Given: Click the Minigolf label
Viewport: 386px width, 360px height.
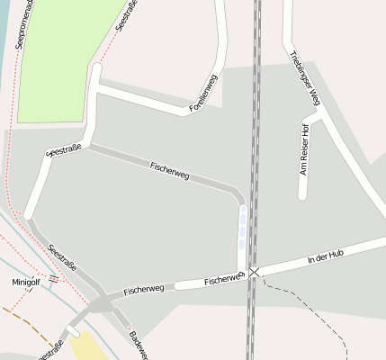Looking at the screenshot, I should [x=26, y=282].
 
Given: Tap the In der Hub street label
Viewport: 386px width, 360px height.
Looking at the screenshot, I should [x=326, y=258].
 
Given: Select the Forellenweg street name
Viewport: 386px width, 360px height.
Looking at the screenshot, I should [x=203, y=93].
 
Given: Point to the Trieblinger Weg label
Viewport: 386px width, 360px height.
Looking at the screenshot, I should [x=306, y=80].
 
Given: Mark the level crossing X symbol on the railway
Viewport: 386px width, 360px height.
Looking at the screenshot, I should [x=254, y=271].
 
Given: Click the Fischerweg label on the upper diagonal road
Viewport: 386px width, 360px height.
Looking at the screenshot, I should [x=170, y=170].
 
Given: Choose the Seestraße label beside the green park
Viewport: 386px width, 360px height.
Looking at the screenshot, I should [x=128, y=15].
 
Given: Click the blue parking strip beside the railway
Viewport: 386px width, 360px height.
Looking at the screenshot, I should [x=242, y=229].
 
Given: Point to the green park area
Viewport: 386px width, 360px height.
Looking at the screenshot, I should [x=63, y=63].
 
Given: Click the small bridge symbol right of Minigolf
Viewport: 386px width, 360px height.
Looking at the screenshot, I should [x=54, y=279].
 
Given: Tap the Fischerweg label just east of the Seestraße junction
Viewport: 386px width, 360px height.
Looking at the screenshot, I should [x=144, y=290].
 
